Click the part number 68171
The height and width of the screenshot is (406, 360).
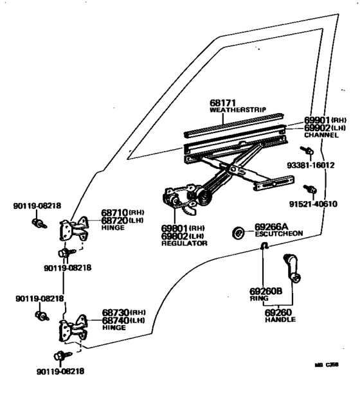pos(224,102)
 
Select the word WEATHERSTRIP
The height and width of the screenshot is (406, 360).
pos(237,110)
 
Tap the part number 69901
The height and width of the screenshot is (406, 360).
pos(318,120)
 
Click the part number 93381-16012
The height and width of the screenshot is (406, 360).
pos(311,164)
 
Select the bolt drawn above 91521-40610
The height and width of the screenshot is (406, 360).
pos(310,190)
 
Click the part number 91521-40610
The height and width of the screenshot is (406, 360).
pos(313,204)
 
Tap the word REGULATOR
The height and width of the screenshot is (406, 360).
pos(184,243)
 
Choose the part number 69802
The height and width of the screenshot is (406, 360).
pos(176,236)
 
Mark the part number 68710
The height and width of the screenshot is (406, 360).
pos(114,213)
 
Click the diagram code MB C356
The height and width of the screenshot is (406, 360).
pos(326,364)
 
